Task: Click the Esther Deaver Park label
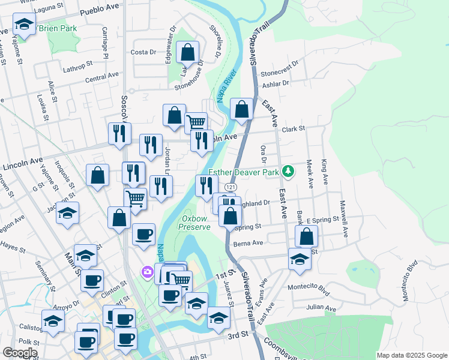[x=245, y=172]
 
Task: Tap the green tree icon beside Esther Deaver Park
[x=288, y=172]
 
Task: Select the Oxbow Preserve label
[x=196, y=223]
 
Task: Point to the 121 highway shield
[x=229, y=188]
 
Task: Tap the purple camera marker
[x=147, y=273]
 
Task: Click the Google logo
[x=20, y=353]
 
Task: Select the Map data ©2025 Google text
[x=411, y=355]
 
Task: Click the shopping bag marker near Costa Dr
[x=188, y=53]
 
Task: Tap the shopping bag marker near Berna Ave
[x=306, y=236]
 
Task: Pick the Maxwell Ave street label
[x=345, y=218]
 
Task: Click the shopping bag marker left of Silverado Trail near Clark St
[x=241, y=109]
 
